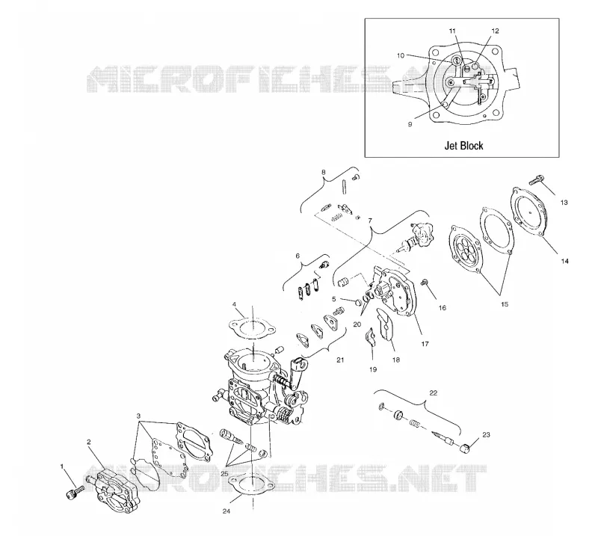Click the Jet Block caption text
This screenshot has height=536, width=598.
click(463, 146)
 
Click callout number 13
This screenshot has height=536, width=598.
click(564, 203)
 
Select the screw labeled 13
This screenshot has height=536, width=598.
click(535, 179)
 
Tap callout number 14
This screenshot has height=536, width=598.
click(564, 261)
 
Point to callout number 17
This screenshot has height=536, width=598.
click(425, 344)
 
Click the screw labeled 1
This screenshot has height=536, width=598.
click(74, 492)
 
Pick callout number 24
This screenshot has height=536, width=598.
click(226, 511)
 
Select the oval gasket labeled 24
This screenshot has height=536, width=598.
click(252, 483)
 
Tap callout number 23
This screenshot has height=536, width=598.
click(486, 434)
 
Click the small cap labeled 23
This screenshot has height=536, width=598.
click(465, 449)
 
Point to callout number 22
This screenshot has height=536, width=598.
click(434, 393)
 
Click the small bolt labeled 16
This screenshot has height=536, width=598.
click(424, 283)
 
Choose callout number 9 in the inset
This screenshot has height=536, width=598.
click(410, 124)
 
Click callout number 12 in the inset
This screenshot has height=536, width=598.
click(495, 31)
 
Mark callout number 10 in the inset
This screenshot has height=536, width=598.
click(401, 56)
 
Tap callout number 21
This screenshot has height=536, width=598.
click(340, 360)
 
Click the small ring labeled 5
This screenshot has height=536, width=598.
click(358, 303)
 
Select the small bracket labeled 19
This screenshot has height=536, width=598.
click(371, 336)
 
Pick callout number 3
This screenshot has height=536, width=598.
click(138, 416)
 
